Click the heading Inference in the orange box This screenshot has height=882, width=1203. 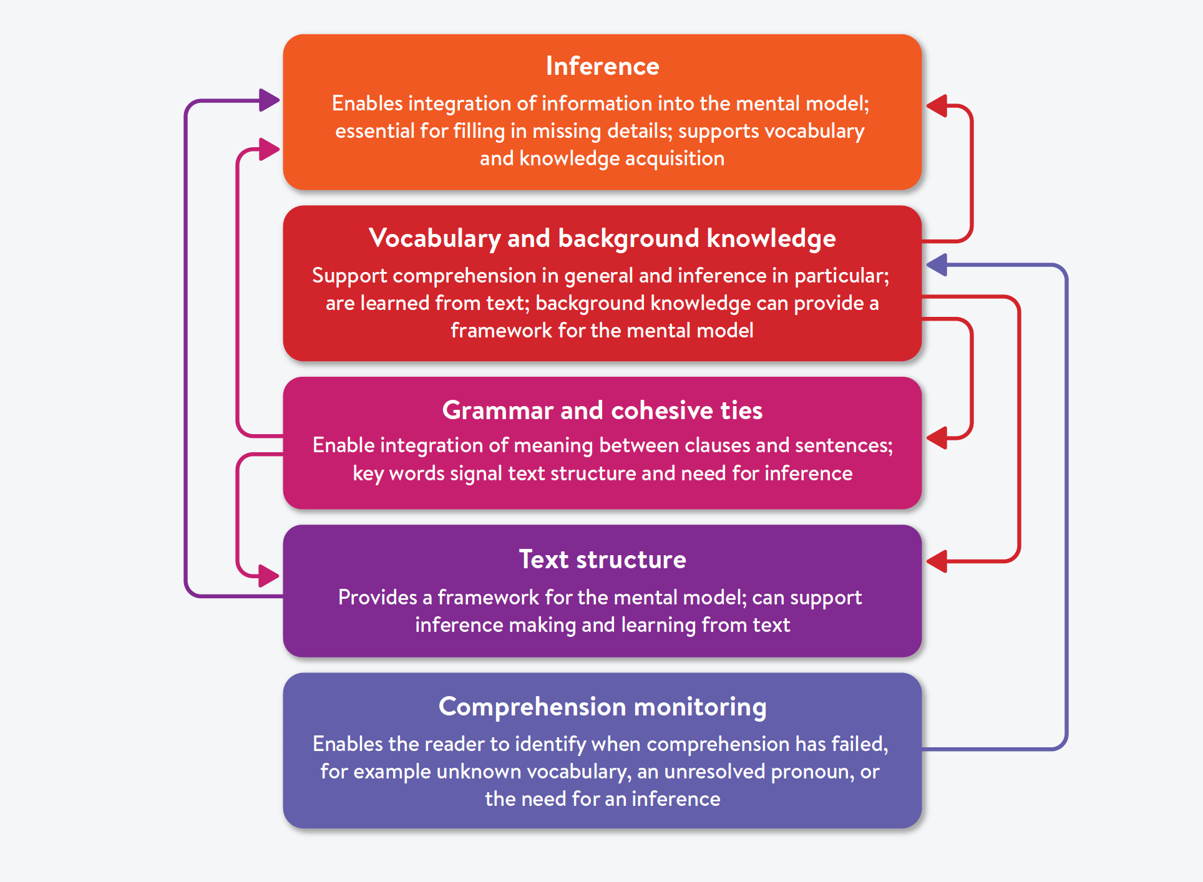click(x=602, y=66)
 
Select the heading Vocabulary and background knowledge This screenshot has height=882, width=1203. click(x=602, y=238)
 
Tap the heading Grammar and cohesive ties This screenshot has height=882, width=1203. click(x=602, y=410)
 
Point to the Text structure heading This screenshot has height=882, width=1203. click(x=602, y=560)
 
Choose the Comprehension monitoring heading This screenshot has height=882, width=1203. click(x=602, y=707)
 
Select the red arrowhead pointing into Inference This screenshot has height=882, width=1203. click(x=937, y=106)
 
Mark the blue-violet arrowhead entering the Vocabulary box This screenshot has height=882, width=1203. click(x=937, y=265)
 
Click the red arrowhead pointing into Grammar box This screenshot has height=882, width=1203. click(x=937, y=438)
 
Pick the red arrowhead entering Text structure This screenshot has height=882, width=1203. click(x=937, y=561)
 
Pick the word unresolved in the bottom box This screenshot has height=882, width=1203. click(x=714, y=772)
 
